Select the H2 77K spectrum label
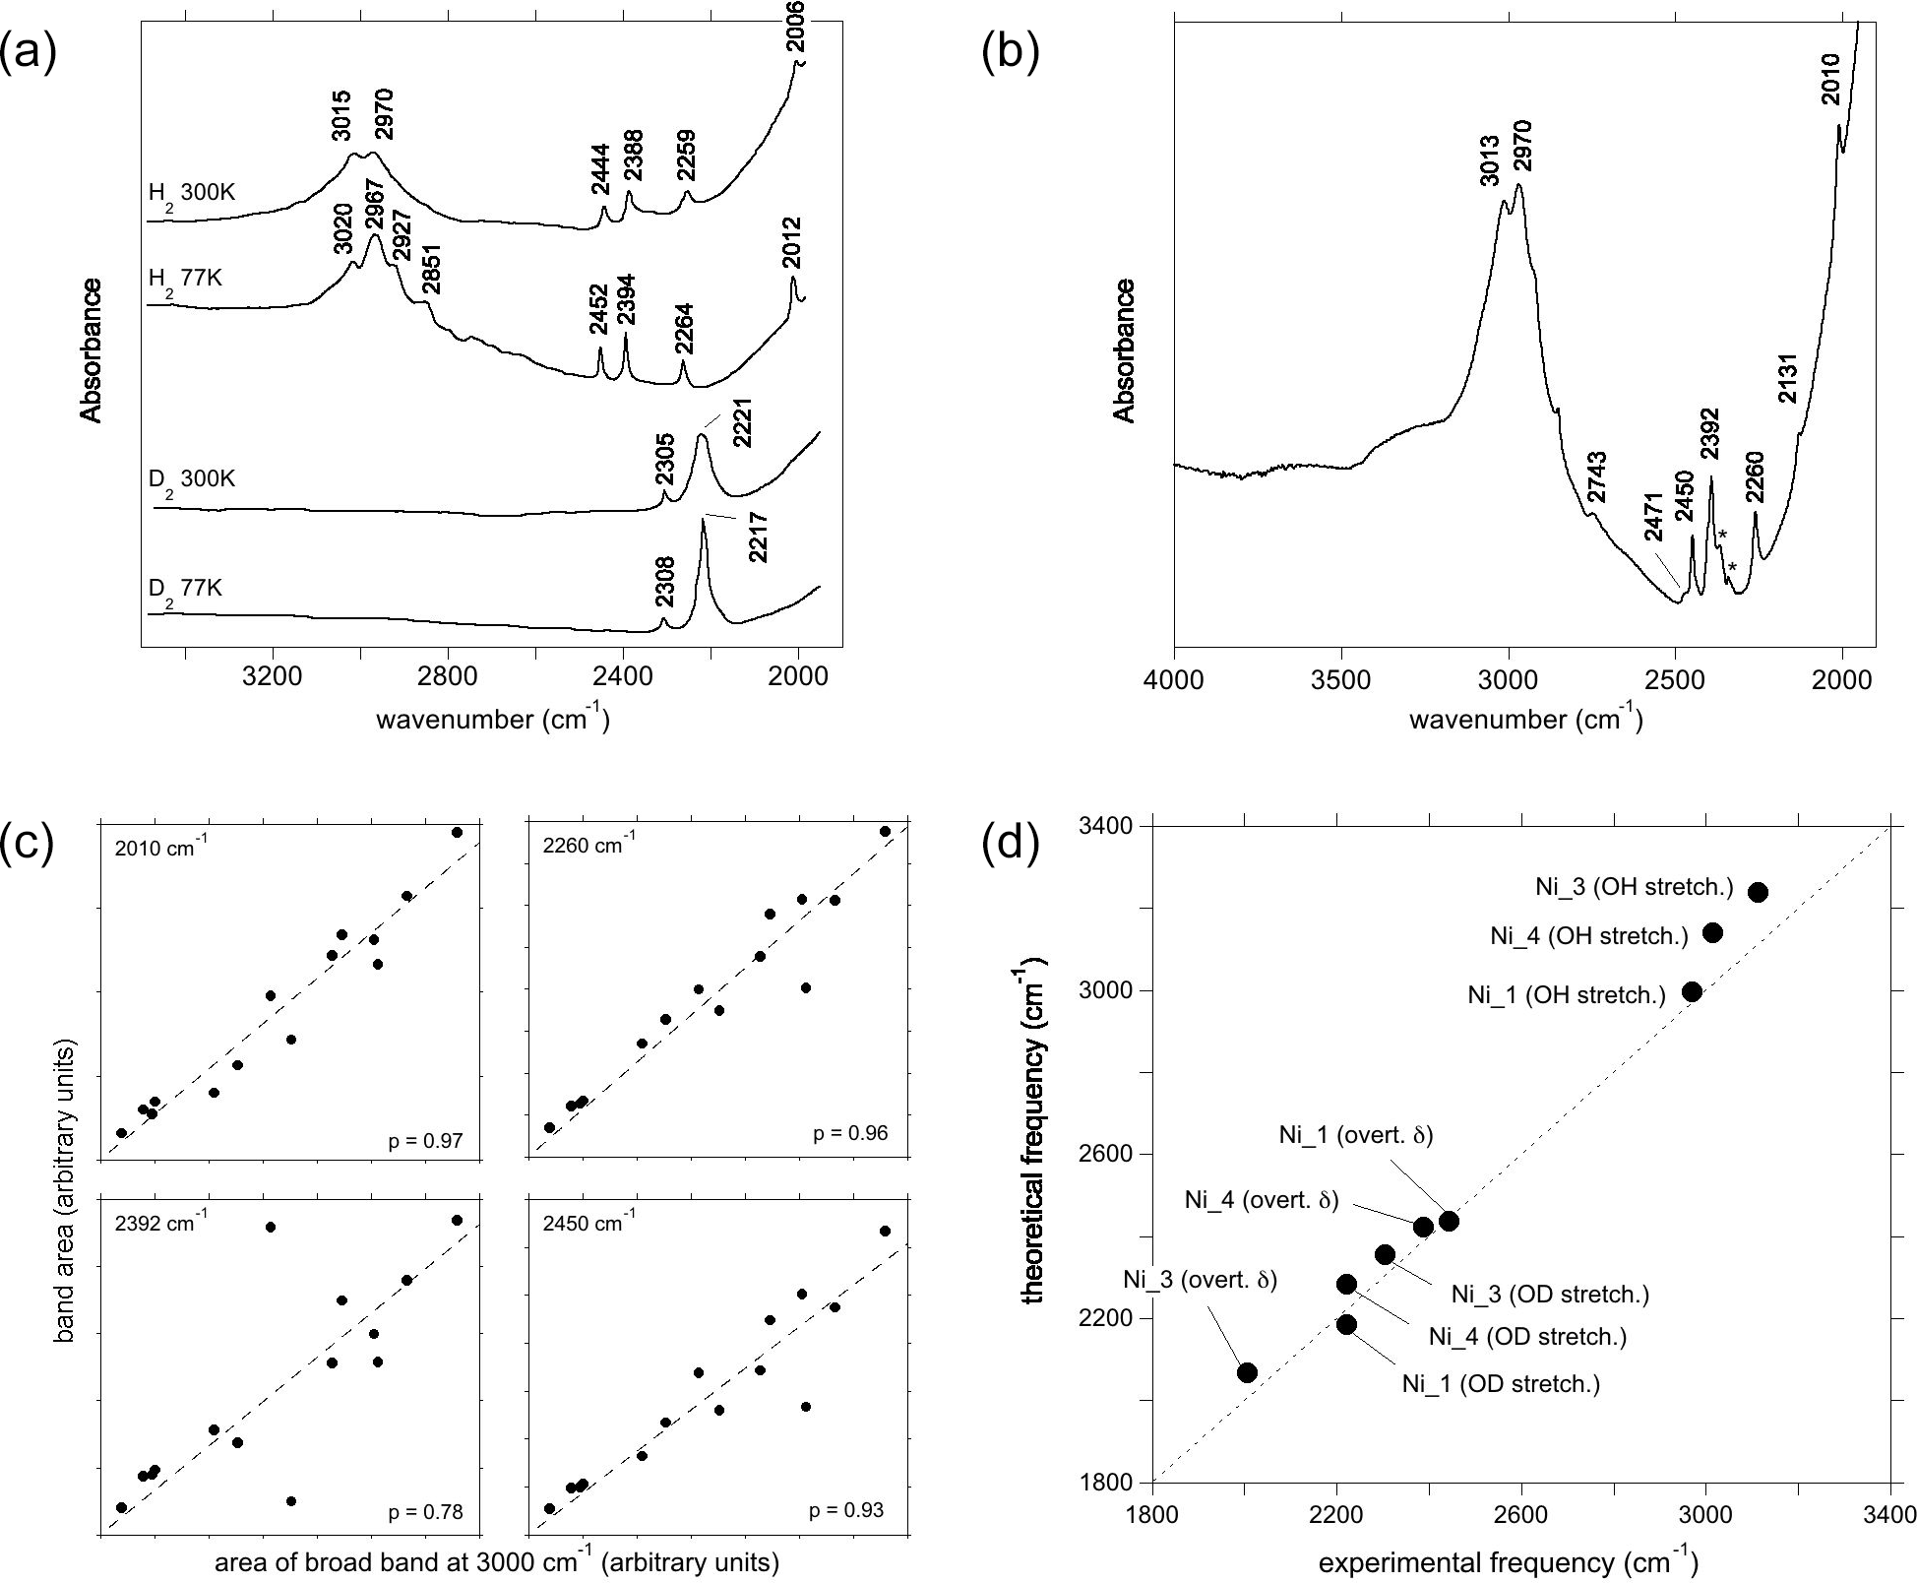point(185,280)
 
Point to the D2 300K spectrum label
point(194,480)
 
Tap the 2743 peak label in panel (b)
point(1596,478)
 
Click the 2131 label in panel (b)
point(1788,378)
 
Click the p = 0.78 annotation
point(425,1512)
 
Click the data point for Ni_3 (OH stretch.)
point(1758,892)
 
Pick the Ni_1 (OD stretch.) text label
point(1501,1384)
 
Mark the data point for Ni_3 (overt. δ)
point(1247,1372)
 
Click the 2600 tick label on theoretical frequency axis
point(1107,1154)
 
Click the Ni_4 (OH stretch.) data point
point(1712,932)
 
